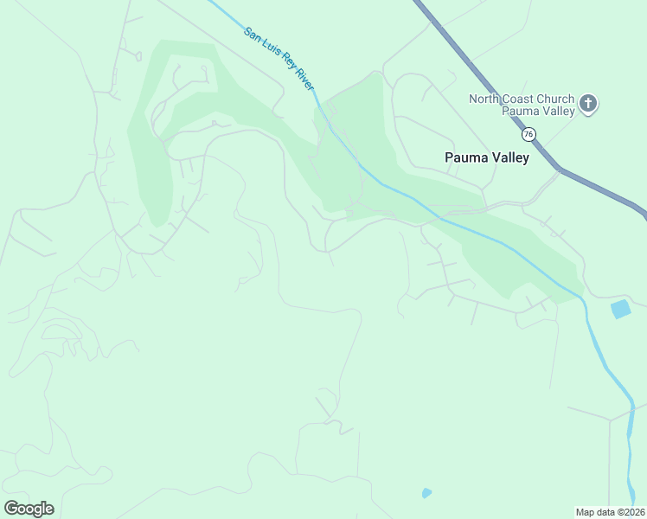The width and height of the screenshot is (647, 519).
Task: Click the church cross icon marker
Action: click(x=588, y=105)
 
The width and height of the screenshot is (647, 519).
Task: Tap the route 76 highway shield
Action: click(x=528, y=134)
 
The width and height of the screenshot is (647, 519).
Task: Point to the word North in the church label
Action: click(x=485, y=99)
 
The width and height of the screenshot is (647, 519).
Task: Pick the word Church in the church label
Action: click(x=557, y=99)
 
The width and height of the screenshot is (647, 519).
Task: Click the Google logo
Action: click(x=29, y=509)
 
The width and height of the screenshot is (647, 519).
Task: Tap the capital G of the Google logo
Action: click(x=10, y=509)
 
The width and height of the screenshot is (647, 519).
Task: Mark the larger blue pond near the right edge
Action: click(x=620, y=309)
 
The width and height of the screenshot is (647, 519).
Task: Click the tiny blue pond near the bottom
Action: click(x=426, y=493)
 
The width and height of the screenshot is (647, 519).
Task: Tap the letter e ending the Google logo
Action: click(x=49, y=509)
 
